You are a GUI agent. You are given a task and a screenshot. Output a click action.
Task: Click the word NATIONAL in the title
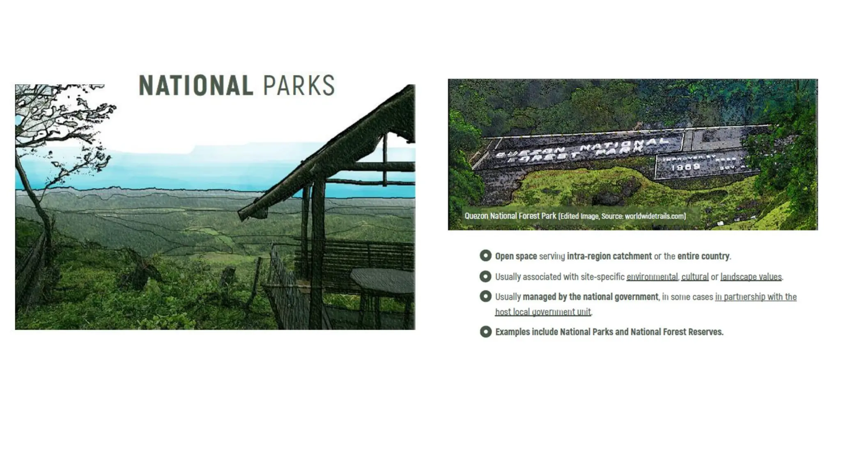tap(196, 85)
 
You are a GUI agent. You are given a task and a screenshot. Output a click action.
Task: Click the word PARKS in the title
tap(299, 85)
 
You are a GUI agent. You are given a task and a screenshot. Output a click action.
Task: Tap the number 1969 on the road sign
tap(685, 167)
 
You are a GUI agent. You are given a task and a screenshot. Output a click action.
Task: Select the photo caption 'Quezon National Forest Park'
tap(510, 216)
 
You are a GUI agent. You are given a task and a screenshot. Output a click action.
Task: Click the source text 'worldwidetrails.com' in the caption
tap(655, 216)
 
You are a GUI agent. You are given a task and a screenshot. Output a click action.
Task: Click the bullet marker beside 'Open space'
tap(485, 256)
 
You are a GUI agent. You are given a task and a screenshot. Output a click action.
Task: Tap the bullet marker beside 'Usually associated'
tap(485, 276)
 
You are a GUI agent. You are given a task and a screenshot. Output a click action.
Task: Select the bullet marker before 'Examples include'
tap(485, 331)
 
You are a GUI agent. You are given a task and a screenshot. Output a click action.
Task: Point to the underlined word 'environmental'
tap(652, 277)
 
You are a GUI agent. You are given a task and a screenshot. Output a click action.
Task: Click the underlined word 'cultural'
tap(695, 277)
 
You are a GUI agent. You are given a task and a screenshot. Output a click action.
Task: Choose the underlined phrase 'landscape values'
tap(751, 277)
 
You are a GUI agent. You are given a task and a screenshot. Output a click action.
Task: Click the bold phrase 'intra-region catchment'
tap(609, 256)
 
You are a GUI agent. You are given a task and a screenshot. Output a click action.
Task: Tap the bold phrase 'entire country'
tap(703, 256)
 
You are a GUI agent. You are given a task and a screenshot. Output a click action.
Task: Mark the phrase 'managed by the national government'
tap(590, 297)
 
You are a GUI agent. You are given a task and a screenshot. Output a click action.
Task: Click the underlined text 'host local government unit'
tap(542, 312)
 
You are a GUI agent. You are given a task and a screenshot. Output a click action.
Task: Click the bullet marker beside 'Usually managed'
tap(485, 296)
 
